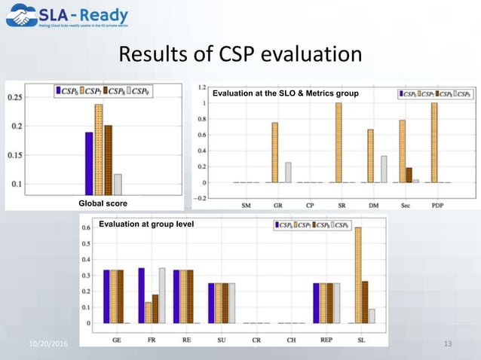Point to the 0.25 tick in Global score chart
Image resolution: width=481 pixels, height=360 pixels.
point(15,96)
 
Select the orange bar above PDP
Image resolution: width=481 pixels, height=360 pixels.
point(434,142)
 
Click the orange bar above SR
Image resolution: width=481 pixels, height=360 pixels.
point(339,142)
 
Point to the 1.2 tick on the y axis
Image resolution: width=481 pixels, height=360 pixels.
point(201,87)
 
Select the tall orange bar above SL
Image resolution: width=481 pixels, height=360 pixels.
point(357,275)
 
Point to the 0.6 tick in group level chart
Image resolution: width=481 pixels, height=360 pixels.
point(86,227)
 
